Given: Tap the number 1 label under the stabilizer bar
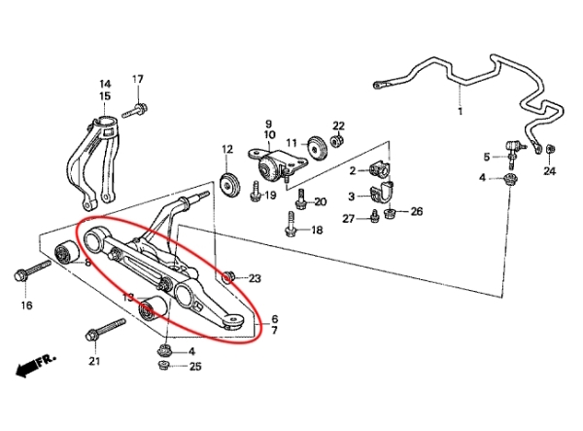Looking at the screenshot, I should pyautogui.click(x=460, y=112).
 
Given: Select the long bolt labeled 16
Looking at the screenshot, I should pyautogui.click(x=32, y=271).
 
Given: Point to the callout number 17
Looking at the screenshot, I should pyautogui.click(x=137, y=79).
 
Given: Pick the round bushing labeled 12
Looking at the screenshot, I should pyautogui.click(x=230, y=182).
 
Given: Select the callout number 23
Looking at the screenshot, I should pyautogui.click(x=255, y=279).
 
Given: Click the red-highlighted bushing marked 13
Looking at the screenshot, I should pyautogui.click(x=149, y=311).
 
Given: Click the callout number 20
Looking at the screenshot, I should pyautogui.click(x=321, y=200).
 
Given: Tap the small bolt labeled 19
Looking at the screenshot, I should pyautogui.click(x=254, y=195).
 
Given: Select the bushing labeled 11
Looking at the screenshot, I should pyautogui.click(x=315, y=149).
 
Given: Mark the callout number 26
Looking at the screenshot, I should pyautogui.click(x=416, y=211).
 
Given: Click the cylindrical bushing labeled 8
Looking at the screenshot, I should pyautogui.click(x=68, y=255).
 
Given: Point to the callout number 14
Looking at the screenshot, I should pyautogui.click(x=104, y=84).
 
